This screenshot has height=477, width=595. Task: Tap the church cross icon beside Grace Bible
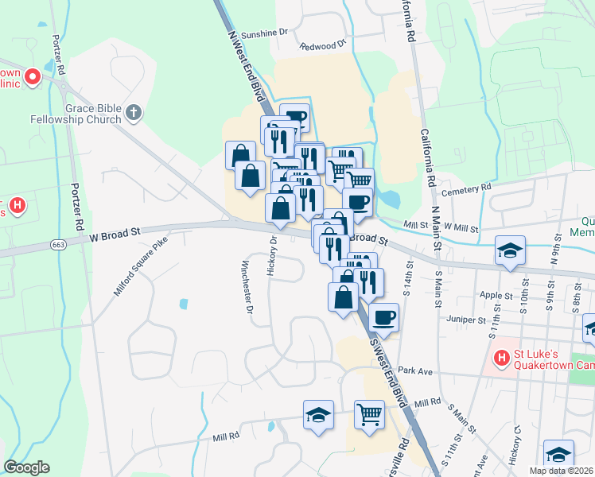click(x=134, y=113)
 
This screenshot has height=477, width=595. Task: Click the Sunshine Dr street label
click(x=263, y=34)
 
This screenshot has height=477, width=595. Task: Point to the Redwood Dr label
click(x=323, y=46)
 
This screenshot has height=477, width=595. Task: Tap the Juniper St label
click(x=465, y=320)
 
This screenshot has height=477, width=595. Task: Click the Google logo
click(x=27, y=467)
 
